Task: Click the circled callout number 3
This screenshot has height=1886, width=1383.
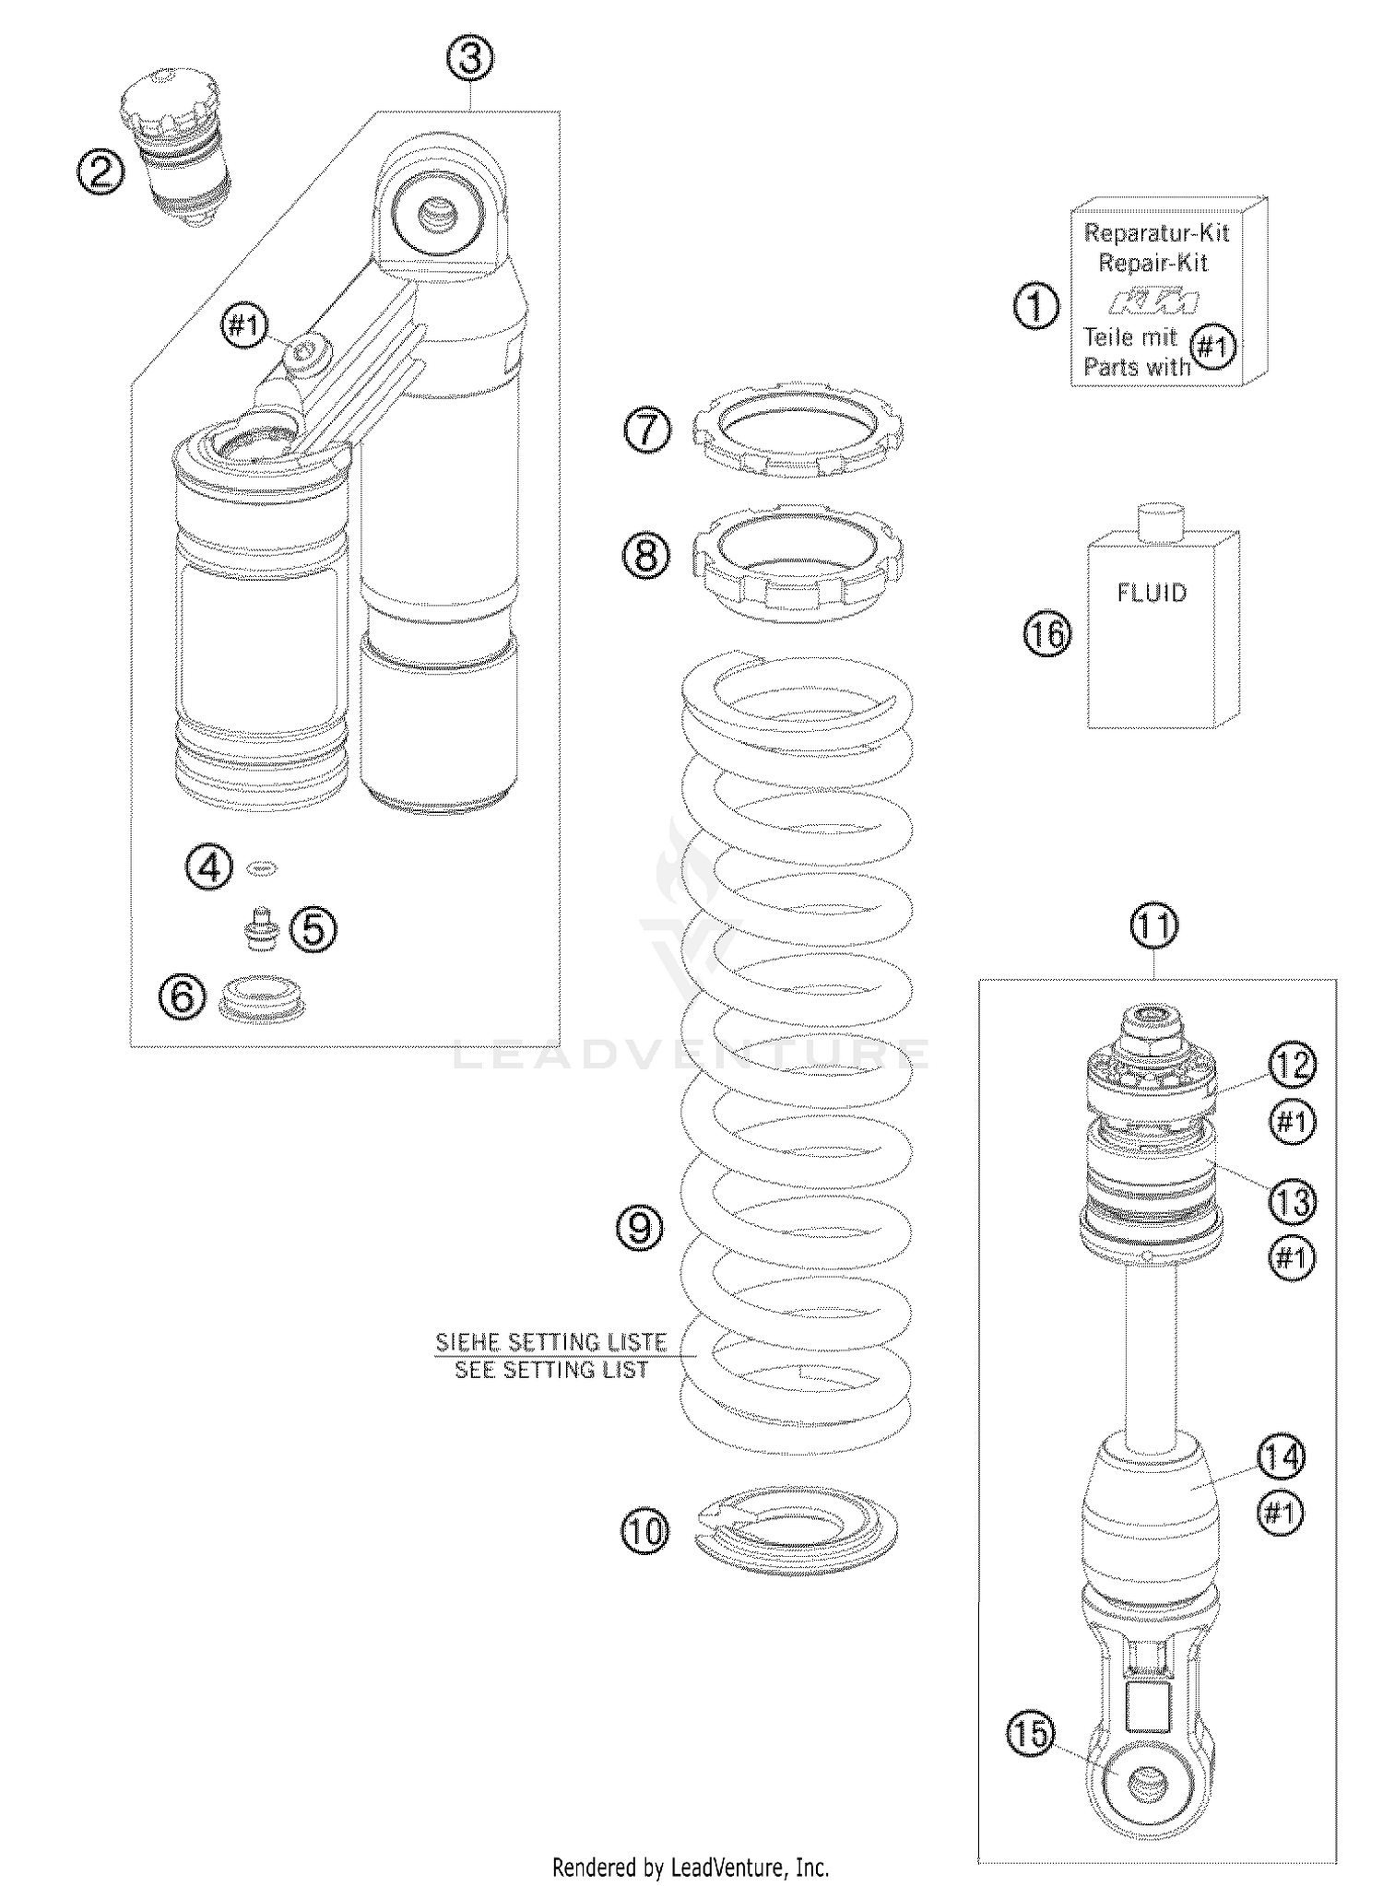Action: (x=469, y=59)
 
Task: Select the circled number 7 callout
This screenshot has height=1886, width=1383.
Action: (x=647, y=430)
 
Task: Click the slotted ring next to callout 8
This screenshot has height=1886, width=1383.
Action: (x=798, y=562)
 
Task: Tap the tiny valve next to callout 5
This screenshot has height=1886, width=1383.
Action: (x=261, y=929)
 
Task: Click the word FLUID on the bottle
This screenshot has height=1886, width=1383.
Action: (x=1152, y=593)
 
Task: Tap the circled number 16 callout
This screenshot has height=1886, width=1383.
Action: (x=1048, y=634)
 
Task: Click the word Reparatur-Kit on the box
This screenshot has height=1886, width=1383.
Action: (x=1156, y=232)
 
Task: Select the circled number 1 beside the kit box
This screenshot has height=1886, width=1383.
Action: (x=1036, y=306)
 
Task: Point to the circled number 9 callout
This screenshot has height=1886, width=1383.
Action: (x=641, y=1228)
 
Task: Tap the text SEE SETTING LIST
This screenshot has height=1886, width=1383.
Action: (x=551, y=1370)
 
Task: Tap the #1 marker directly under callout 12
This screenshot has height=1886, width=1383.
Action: (x=1292, y=1121)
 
